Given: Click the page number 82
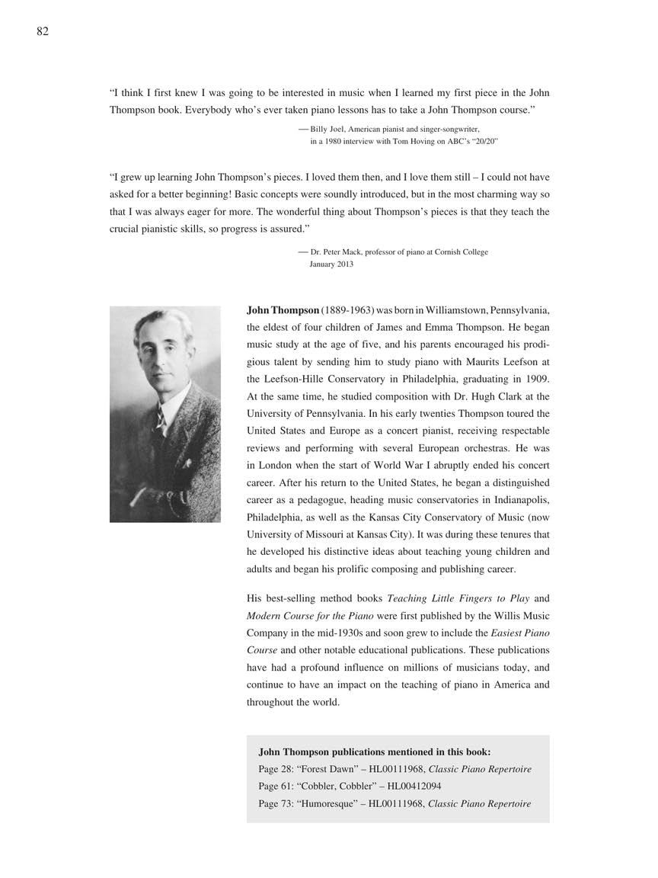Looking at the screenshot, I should click(43, 31).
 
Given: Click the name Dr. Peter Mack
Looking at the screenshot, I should click(340, 252).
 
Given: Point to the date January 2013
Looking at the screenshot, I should click(331, 264).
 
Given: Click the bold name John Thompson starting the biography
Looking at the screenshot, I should click(283, 310).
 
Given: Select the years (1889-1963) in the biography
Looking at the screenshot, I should click(348, 310).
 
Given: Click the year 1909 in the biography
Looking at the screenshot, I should click(536, 379).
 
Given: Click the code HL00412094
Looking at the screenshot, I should click(412, 786).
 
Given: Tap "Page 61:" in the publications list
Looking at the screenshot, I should click(276, 786).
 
